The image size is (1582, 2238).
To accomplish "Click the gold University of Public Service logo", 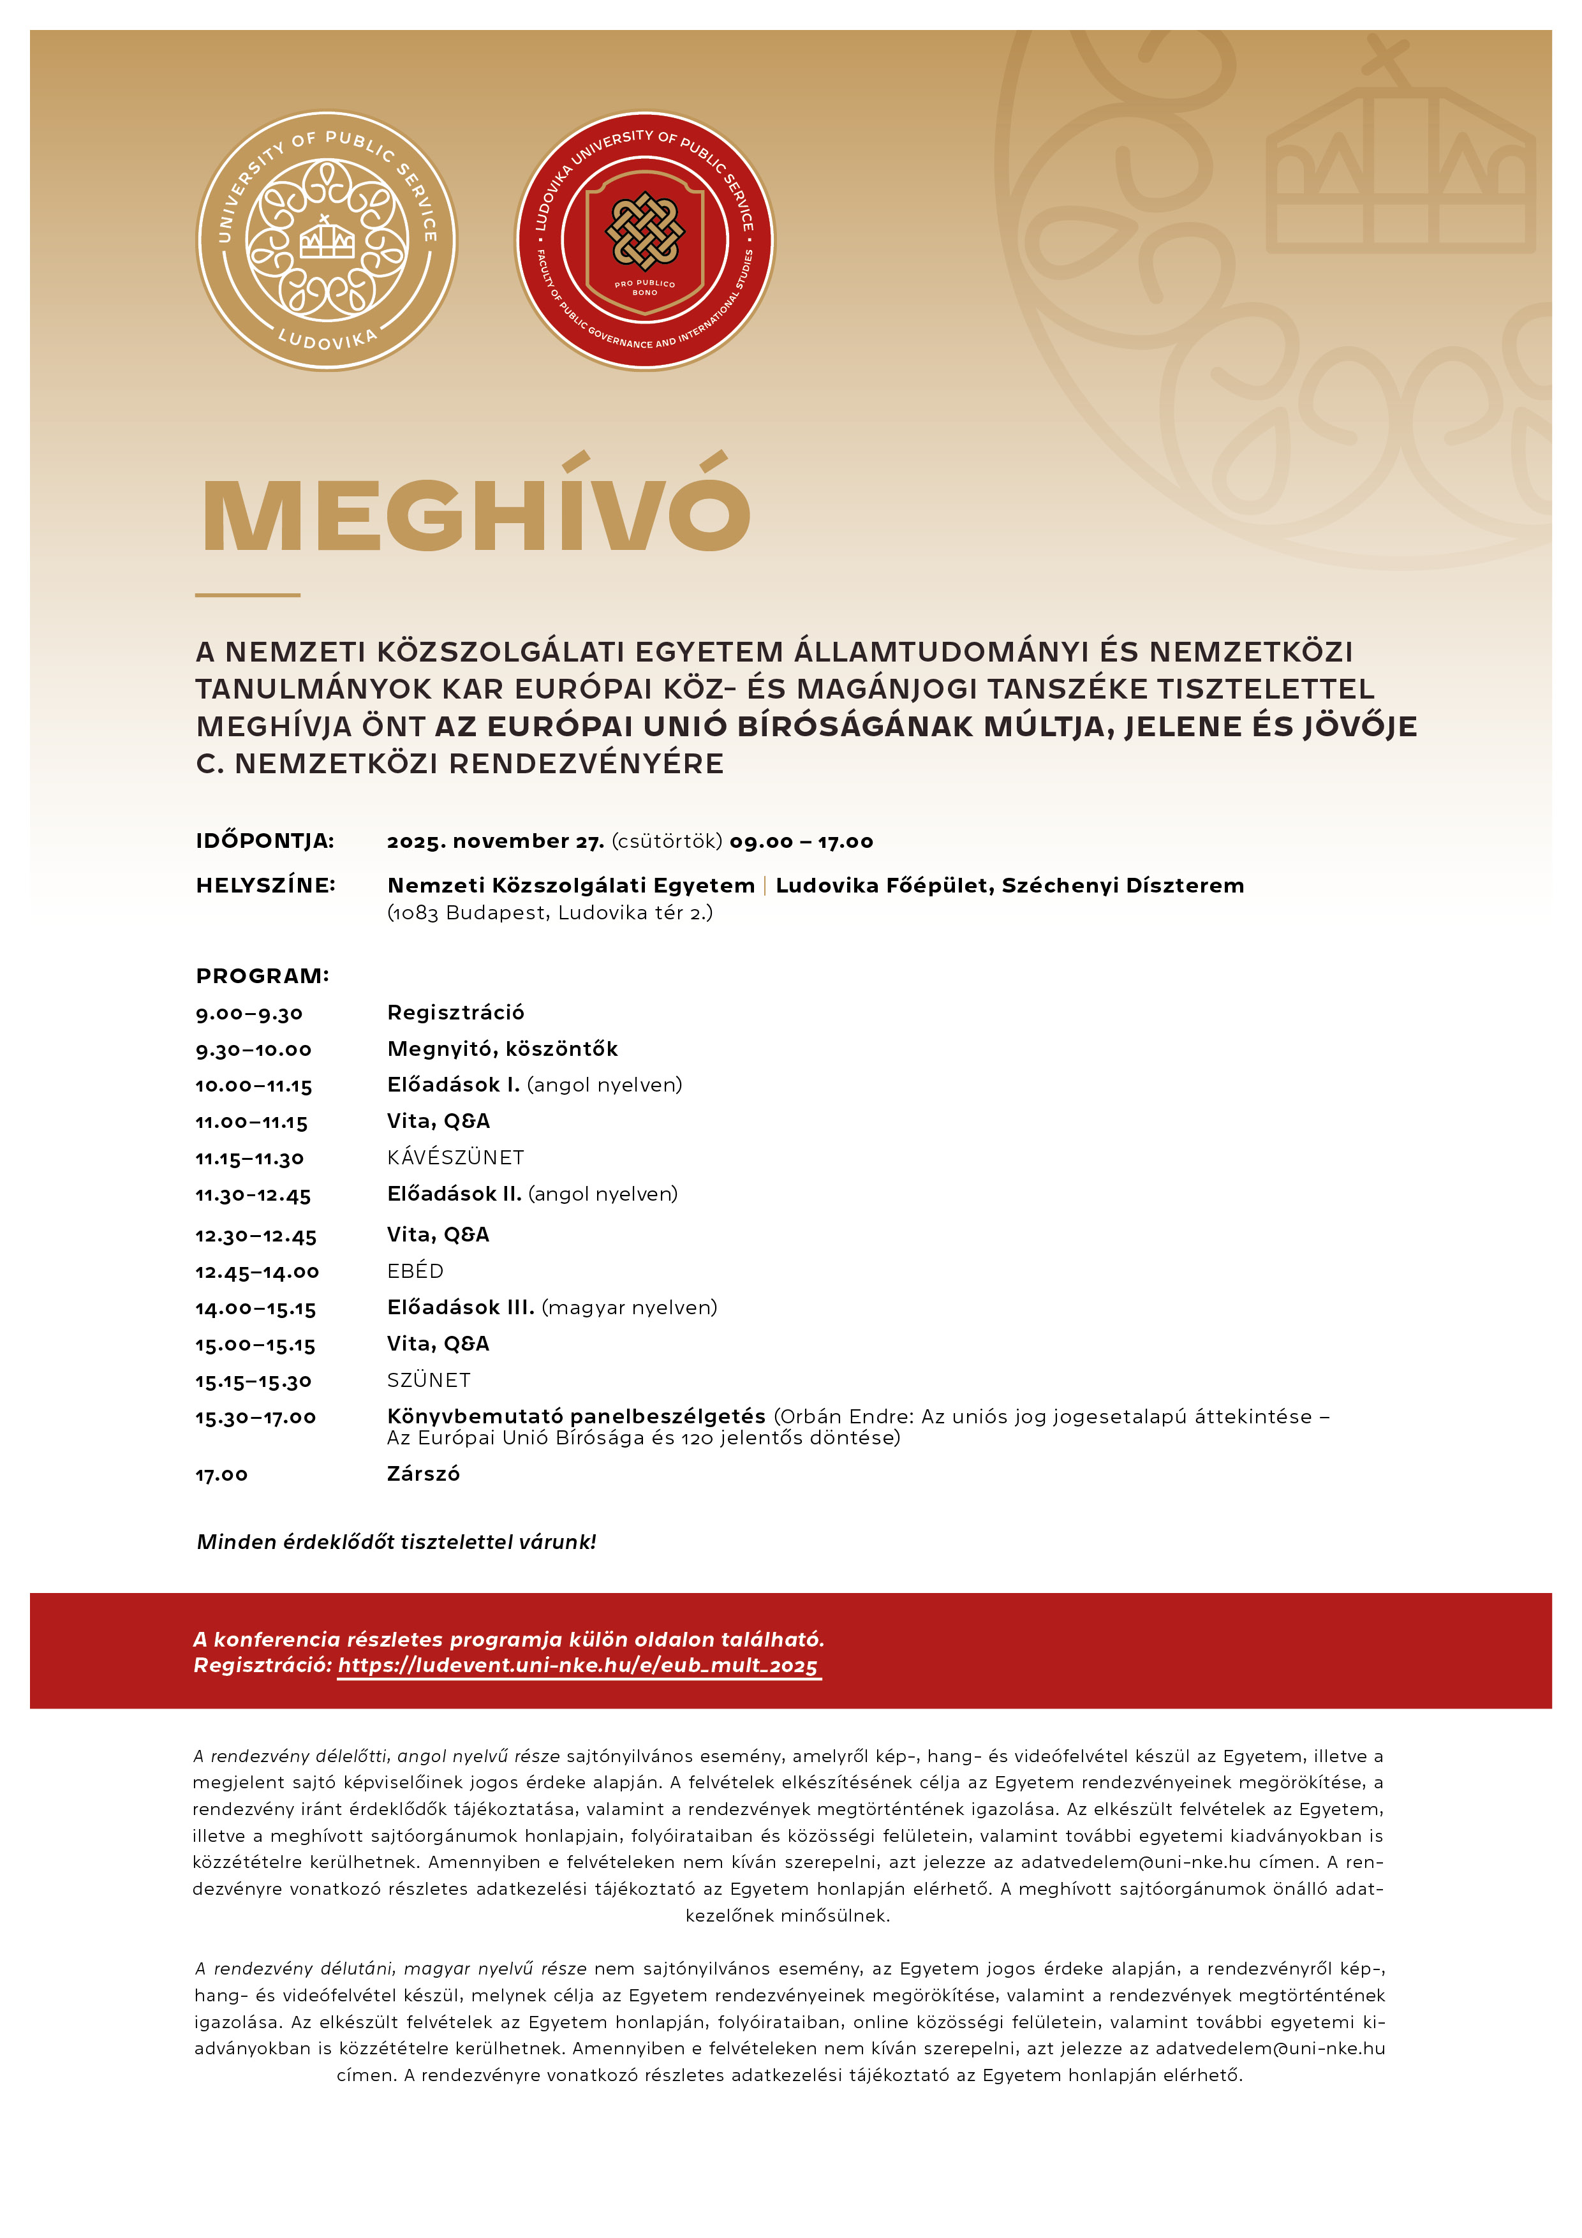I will click(327, 240).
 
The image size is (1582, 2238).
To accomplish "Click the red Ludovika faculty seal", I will click(644, 240).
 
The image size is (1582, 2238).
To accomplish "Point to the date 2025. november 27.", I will click(495, 841).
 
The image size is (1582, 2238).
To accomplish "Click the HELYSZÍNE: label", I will click(265, 885).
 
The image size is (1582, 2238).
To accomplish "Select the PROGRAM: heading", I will click(262, 975).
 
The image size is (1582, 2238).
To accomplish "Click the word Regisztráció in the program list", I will click(455, 1012).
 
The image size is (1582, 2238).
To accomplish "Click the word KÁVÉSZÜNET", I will click(455, 1158).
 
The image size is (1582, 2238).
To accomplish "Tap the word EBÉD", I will click(415, 1271).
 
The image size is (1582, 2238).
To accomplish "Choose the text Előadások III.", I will click(460, 1307).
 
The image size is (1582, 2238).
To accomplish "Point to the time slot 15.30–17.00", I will click(255, 1418).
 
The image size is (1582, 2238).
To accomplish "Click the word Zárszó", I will click(423, 1474).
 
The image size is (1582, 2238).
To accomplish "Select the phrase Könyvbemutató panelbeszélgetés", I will click(576, 1416).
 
